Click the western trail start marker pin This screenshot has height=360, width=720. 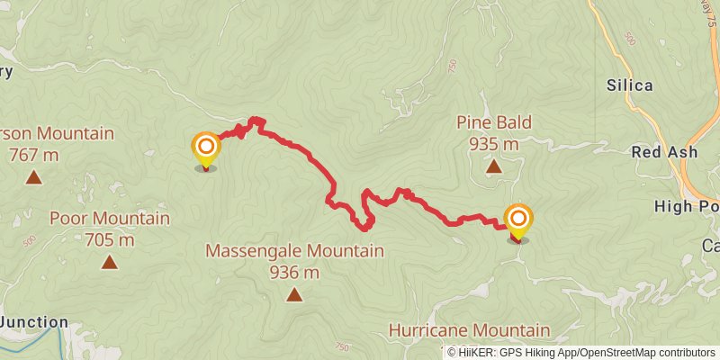coord(206,148)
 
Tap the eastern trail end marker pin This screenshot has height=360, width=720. coord(518,220)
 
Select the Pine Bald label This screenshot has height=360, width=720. coord(493,122)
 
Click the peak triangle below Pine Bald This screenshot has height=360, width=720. coord(493,166)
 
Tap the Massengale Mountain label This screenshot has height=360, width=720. coord(294,251)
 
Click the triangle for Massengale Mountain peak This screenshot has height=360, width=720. coord(294,294)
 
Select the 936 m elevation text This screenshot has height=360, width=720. coord(294,272)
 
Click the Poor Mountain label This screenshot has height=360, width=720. coord(109,219)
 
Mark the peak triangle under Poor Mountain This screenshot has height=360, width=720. coord(109,262)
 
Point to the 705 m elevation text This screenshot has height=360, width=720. coord(109,239)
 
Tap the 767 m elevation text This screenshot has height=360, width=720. coord(34,155)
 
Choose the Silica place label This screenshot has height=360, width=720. coord(629,86)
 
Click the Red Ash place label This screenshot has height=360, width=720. coord(664,152)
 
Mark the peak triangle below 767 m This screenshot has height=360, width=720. coord(34,177)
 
